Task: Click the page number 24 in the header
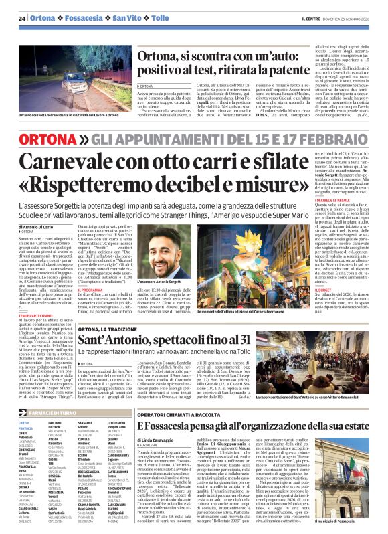(22, 17)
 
